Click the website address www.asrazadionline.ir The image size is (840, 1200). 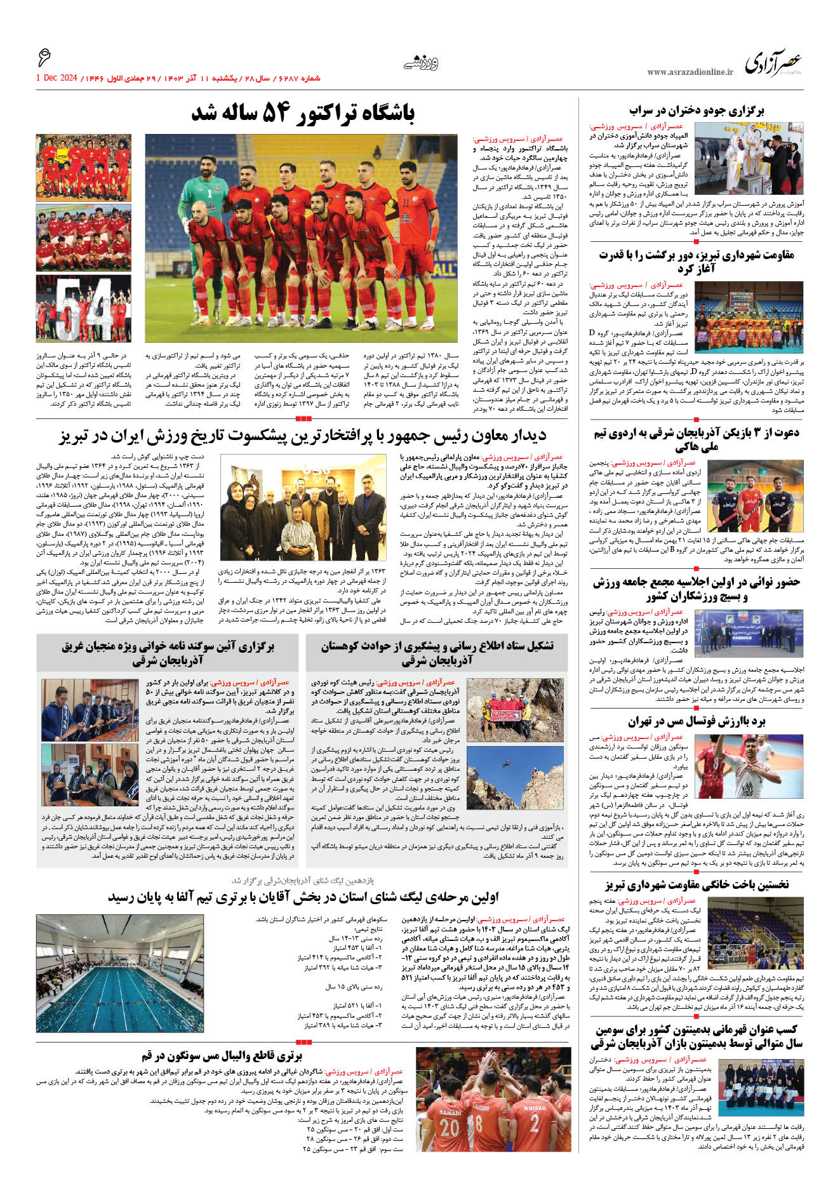[x=690, y=72]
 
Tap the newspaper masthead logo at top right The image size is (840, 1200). [x=773, y=63]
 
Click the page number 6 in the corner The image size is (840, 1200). [x=43, y=58]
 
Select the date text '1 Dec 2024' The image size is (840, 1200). [x=57, y=78]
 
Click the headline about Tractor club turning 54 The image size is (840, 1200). [x=303, y=114]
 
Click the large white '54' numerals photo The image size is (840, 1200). [x=83, y=309]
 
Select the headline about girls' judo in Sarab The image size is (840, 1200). [x=697, y=110]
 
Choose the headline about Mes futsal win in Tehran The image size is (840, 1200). [x=697, y=721]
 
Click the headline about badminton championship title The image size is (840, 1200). [x=697, y=1036]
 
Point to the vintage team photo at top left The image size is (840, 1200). [x=83, y=168]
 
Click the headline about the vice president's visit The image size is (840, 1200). [x=303, y=436]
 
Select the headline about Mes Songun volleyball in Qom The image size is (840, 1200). [x=221, y=1055]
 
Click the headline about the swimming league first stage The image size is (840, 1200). [x=303, y=897]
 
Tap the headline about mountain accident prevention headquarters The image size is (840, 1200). [x=437, y=653]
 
